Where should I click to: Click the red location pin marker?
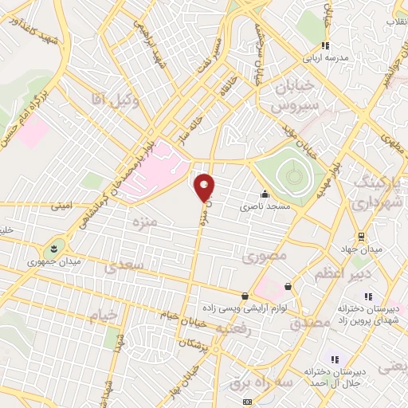click(205, 188)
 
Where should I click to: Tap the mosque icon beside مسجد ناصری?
click(265, 194)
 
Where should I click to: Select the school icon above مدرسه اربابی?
click(324, 45)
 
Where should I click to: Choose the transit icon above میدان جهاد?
click(360, 237)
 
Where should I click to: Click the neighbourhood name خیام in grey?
click(103, 315)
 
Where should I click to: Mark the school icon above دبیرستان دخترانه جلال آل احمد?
click(335, 360)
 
